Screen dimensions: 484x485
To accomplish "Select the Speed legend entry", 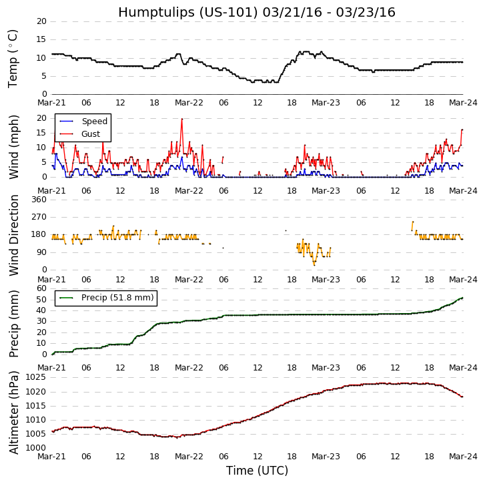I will [x=94, y=122].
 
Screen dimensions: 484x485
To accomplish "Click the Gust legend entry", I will [x=91, y=134].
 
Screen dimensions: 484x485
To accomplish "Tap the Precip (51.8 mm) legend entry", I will [x=117, y=298].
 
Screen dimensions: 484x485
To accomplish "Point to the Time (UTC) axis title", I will [x=257, y=471].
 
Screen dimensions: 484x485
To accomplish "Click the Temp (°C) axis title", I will [x=13, y=58].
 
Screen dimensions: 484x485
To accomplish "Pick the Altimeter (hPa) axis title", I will [x=13, y=412].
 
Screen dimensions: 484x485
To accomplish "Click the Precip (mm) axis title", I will [x=13, y=323].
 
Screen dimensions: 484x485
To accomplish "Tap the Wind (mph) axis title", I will [x=13, y=147].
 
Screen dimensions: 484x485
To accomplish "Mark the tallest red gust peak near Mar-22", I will [x=181, y=119].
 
